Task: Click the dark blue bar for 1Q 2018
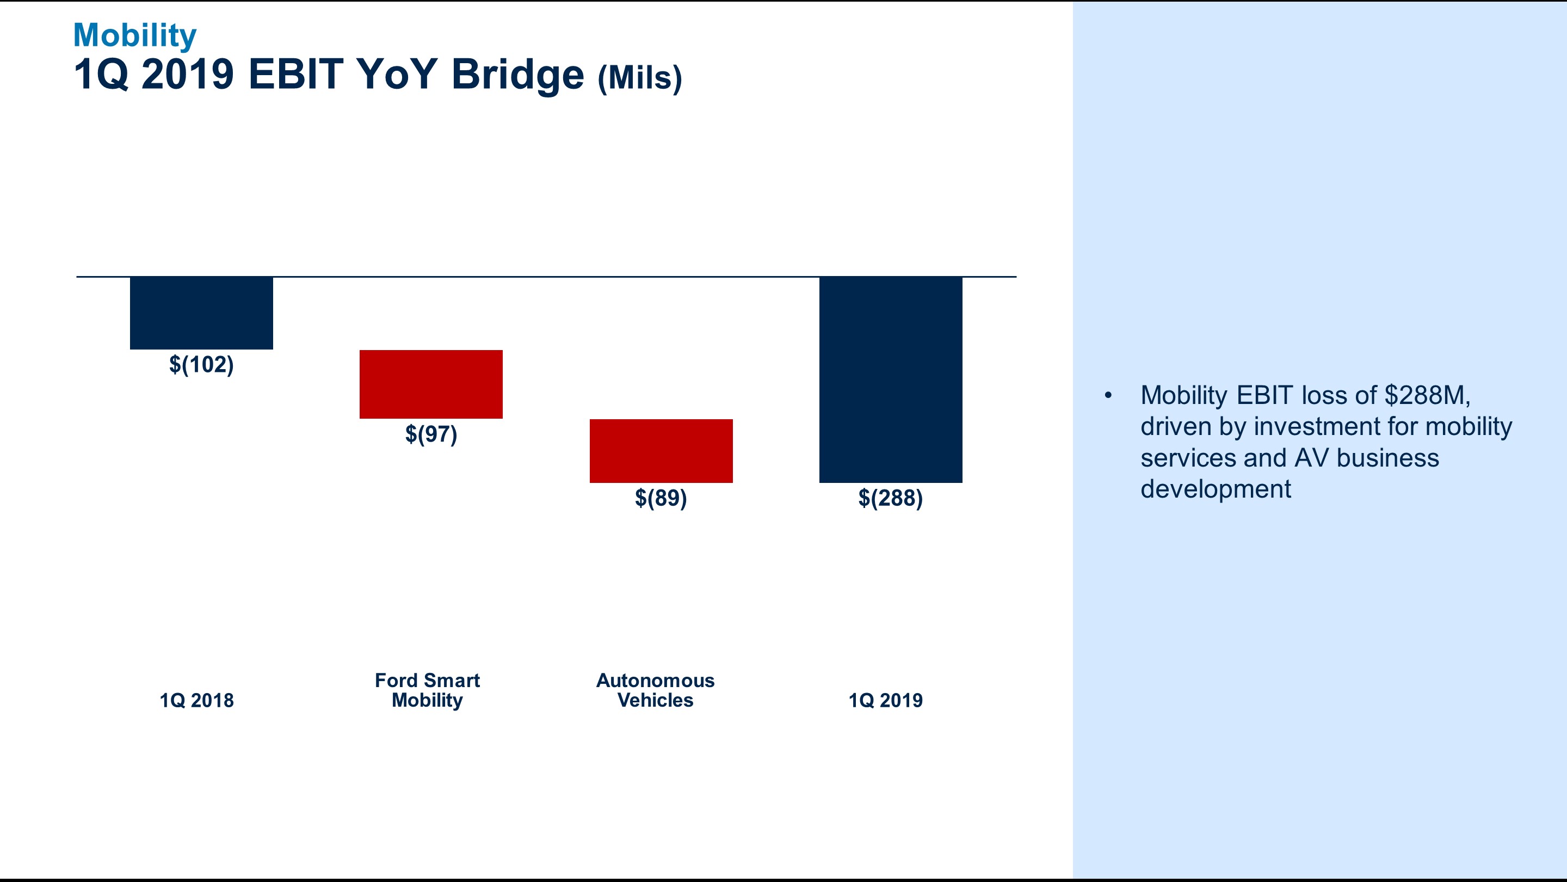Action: click(x=201, y=313)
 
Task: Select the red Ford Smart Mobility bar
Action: click(x=431, y=384)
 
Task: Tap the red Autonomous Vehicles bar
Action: click(x=661, y=451)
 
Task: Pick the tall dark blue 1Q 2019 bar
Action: click(x=891, y=380)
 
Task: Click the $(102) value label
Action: click(x=201, y=365)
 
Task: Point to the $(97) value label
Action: click(x=431, y=434)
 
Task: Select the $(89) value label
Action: click(x=661, y=498)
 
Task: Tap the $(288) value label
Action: click(x=891, y=498)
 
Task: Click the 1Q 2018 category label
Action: click(x=196, y=701)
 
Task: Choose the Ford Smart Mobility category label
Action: click(x=427, y=690)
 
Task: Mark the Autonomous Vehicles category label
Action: click(x=655, y=690)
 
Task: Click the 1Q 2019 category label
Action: click(x=886, y=701)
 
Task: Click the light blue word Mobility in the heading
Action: click(x=134, y=35)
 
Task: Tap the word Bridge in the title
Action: click(x=517, y=74)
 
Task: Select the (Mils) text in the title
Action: click(x=640, y=78)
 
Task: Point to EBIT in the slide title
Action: click(x=295, y=74)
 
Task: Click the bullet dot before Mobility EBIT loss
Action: click(x=1108, y=396)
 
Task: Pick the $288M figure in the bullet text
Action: click(x=1427, y=396)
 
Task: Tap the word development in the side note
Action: click(x=1216, y=489)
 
